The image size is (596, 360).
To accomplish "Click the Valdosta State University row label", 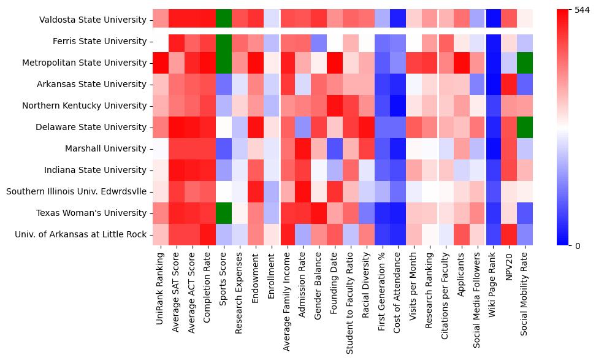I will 93,20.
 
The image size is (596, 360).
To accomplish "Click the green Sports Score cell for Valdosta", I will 224,20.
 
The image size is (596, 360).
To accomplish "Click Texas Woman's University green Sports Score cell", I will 224,213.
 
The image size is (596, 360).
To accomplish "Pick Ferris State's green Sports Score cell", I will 224,41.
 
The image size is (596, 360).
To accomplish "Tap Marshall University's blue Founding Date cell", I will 334,148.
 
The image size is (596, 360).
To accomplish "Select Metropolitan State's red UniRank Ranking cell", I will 161,63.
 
